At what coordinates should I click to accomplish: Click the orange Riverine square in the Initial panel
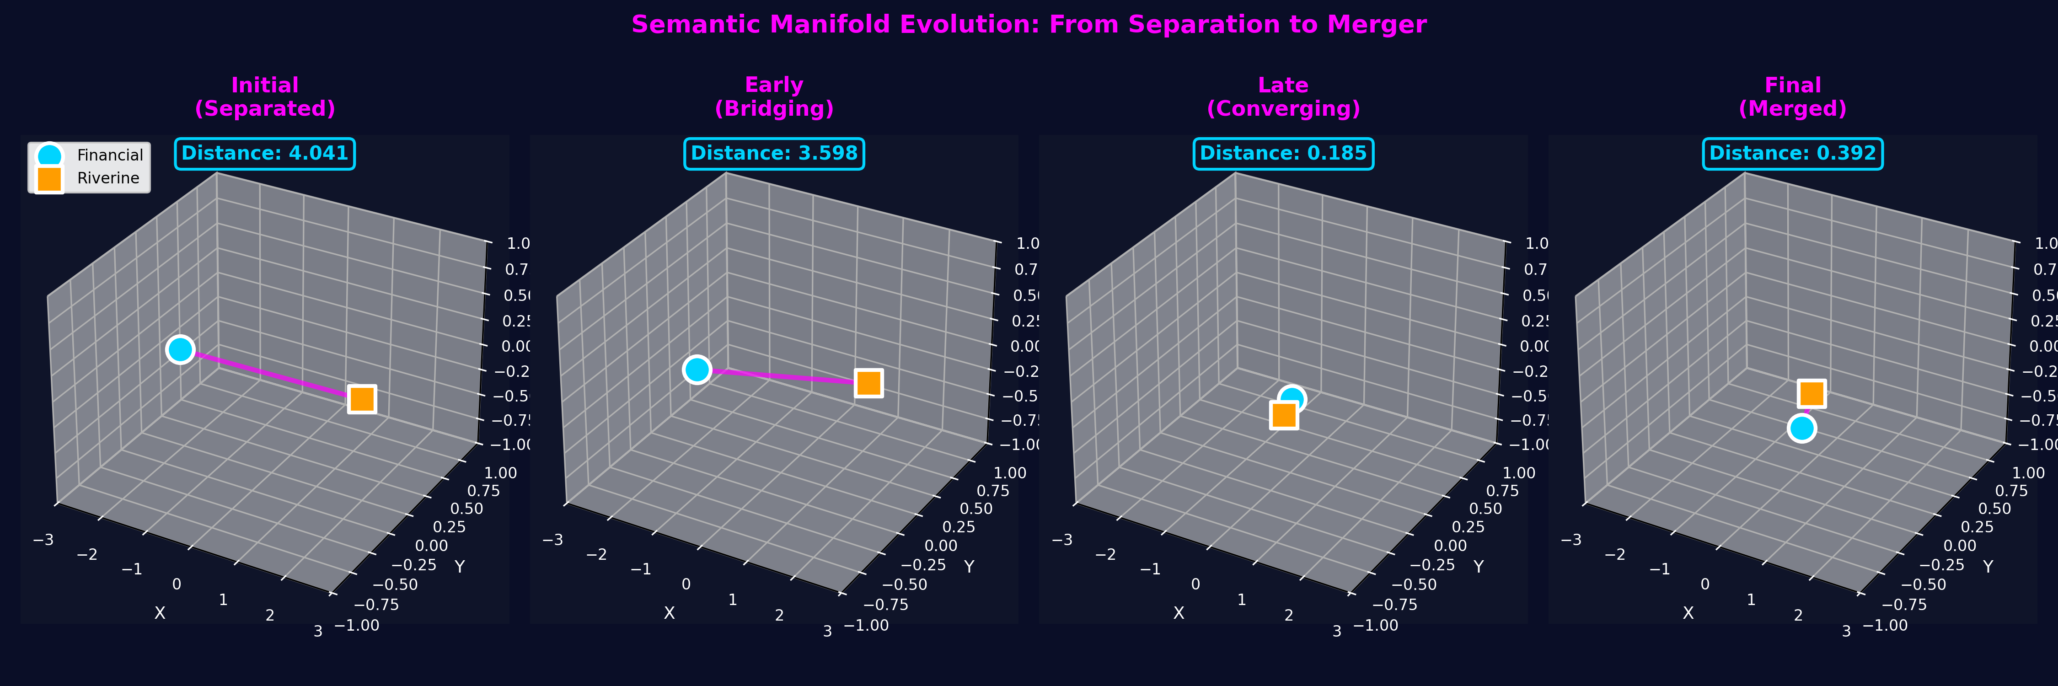[362, 398]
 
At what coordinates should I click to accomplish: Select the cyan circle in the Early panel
[697, 370]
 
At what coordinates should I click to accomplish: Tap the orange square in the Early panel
[868, 382]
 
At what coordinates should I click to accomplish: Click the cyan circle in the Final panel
[1801, 428]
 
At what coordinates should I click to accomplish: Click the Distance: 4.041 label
[264, 153]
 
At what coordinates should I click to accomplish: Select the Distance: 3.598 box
[773, 153]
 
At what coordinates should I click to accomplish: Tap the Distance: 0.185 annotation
[1283, 153]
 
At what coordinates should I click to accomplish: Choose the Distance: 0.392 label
[1792, 153]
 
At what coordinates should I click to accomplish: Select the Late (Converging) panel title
[1283, 96]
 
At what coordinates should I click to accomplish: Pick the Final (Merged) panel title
[1792, 96]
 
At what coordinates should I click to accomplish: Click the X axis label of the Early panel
[670, 612]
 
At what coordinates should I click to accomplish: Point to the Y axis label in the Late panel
[1478, 566]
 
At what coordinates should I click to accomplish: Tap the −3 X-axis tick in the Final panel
[1570, 540]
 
